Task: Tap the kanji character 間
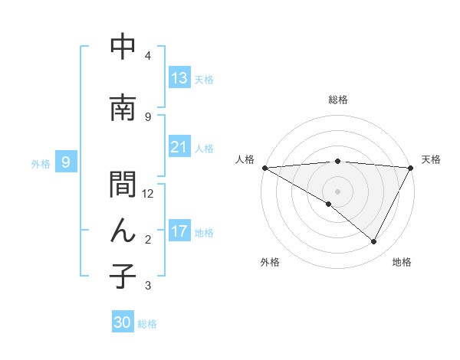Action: (x=123, y=185)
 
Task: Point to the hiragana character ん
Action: (x=123, y=230)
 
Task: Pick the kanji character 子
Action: (x=123, y=277)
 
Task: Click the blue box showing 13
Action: (x=179, y=78)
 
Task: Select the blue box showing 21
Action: (x=179, y=147)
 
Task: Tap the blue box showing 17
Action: (x=179, y=231)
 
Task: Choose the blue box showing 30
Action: (x=123, y=322)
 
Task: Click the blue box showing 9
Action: (x=66, y=162)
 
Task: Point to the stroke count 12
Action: (x=148, y=193)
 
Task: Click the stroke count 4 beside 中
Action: (x=148, y=56)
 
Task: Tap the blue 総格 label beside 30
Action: (x=148, y=324)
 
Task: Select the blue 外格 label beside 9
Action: (x=41, y=163)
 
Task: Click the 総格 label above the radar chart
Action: (x=337, y=100)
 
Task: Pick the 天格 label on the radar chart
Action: (x=431, y=159)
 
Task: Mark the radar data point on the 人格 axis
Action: (x=264, y=167)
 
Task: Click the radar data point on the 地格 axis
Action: (x=374, y=242)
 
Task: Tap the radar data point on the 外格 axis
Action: (x=329, y=204)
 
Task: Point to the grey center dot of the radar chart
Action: (x=337, y=191)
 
